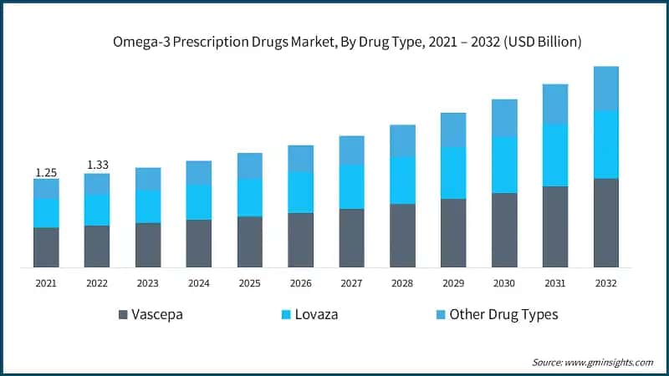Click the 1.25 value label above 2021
46,172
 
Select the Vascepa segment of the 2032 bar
605,222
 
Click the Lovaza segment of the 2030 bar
503,165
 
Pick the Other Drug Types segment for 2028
402,140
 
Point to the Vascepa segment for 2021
46,247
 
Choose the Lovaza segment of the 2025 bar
249,197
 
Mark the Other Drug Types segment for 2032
605,89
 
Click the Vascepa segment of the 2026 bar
300,240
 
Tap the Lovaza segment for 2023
148,206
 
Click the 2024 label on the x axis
199,283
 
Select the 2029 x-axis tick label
453,283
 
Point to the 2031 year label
554,283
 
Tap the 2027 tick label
351,283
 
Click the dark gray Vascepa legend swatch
124,315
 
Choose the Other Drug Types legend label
503,315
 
